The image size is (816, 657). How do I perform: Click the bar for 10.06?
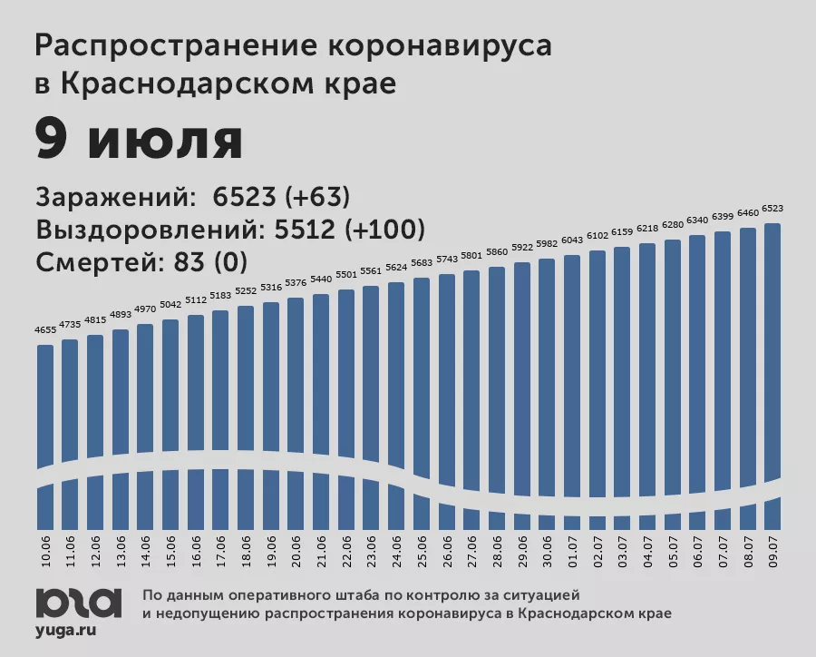point(46,408)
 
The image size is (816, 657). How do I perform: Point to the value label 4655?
point(46,329)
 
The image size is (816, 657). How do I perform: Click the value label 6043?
point(571,240)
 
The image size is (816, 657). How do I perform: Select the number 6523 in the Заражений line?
point(242,198)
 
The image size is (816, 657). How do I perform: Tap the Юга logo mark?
point(78,601)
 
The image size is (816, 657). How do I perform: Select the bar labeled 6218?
point(647,363)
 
